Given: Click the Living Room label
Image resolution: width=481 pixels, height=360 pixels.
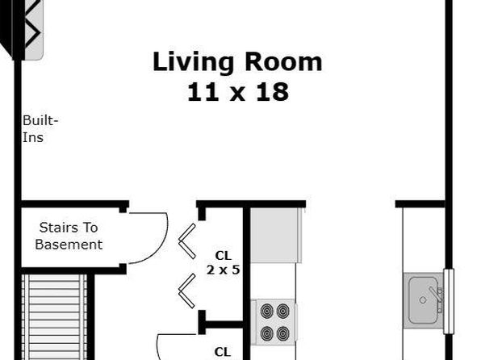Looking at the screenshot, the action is click(237, 63).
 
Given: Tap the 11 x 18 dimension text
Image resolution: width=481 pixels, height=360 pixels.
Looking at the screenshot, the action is click(238, 92).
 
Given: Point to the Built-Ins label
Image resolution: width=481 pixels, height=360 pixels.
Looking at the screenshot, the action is click(40, 128).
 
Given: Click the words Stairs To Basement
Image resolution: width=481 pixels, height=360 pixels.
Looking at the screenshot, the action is click(69, 236).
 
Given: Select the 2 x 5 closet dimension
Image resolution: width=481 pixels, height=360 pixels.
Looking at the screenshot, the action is click(223, 270).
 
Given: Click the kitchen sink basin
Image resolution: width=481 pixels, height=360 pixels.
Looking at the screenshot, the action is click(423, 300).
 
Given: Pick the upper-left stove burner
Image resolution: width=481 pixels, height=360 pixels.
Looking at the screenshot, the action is click(267, 311).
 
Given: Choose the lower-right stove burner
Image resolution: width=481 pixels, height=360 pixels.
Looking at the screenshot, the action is click(282, 333).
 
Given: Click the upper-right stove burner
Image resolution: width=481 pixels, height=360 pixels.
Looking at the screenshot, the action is click(282, 311).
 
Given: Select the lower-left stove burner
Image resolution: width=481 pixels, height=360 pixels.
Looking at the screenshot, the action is click(267, 333).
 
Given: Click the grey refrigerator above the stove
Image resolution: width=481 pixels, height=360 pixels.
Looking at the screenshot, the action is click(275, 236).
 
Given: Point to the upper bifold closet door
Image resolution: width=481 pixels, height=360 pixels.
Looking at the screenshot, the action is click(187, 241).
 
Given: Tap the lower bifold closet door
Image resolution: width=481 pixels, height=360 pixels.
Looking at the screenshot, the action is click(187, 291).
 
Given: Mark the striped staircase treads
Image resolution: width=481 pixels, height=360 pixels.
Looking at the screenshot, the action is click(54, 317).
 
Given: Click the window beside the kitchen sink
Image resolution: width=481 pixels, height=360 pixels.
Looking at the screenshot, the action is click(449, 301).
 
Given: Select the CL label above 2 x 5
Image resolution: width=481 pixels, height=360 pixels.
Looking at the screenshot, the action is click(224, 255).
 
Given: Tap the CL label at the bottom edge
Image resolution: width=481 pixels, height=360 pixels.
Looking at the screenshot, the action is click(223, 352).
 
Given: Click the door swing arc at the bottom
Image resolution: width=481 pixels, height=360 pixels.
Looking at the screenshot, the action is click(159, 345).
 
